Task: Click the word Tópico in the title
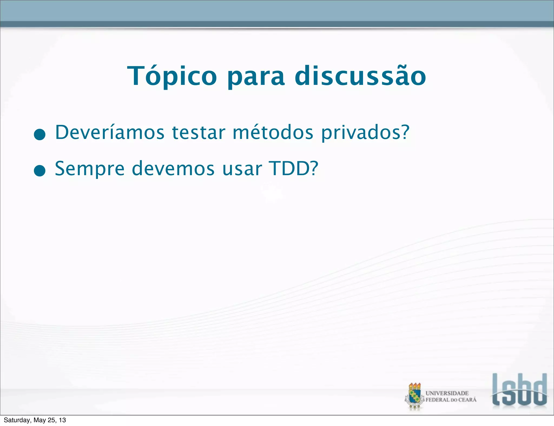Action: point(172,76)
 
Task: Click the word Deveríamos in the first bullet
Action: point(110,132)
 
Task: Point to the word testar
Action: point(199,133)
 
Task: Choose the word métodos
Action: point(273,132)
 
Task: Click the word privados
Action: point(360,133)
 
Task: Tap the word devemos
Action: point(173,169)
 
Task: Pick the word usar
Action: point(242,169)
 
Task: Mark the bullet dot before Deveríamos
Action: point(40,134)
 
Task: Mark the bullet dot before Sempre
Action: point(40,171)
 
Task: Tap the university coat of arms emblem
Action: point(414,396)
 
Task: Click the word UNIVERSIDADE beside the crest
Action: point(447,393)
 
